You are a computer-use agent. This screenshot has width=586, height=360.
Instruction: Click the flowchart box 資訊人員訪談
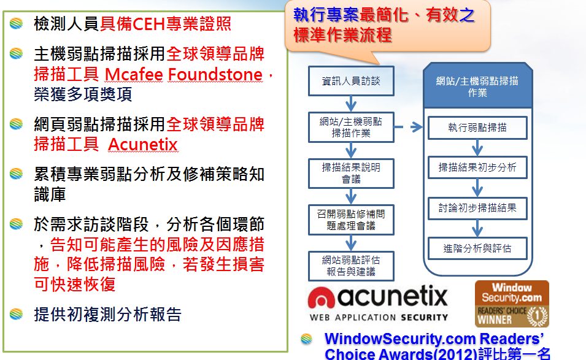coord(351,81)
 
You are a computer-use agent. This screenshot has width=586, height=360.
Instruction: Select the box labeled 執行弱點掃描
coord(477,128)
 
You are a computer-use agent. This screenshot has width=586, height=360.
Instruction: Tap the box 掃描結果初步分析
coord(477,167)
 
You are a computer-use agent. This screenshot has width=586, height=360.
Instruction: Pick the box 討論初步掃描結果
coord(477,208)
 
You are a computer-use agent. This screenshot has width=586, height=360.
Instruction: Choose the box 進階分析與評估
coord(477,248)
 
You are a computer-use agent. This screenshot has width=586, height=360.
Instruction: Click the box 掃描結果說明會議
coord(351,174)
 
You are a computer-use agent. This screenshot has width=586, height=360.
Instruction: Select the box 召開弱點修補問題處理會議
coord(351,220)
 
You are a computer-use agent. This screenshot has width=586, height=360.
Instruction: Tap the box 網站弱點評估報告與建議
coord(351,266)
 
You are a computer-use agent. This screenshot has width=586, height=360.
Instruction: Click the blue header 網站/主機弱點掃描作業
coord(477,86)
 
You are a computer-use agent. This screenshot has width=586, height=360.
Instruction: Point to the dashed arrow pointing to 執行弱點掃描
coord(409,127)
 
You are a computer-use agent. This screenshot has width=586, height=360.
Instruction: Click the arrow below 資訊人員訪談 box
coord(351,104)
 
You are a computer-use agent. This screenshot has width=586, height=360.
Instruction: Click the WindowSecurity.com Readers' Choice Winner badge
coord(512,304)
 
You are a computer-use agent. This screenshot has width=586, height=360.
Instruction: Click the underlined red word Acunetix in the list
coord(143,145)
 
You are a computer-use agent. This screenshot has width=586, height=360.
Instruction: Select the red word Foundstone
coord(215,74)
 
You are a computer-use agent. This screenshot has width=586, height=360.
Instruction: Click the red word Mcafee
coord(134,74)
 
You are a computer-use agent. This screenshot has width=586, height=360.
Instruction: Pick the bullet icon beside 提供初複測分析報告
coord(16,314)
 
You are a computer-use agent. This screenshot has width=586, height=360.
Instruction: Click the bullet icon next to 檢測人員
coord(16,23)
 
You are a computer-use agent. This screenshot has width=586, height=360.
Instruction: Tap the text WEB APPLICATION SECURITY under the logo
coord(379,318)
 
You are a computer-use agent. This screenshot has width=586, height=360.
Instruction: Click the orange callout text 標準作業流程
coord(342,35)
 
